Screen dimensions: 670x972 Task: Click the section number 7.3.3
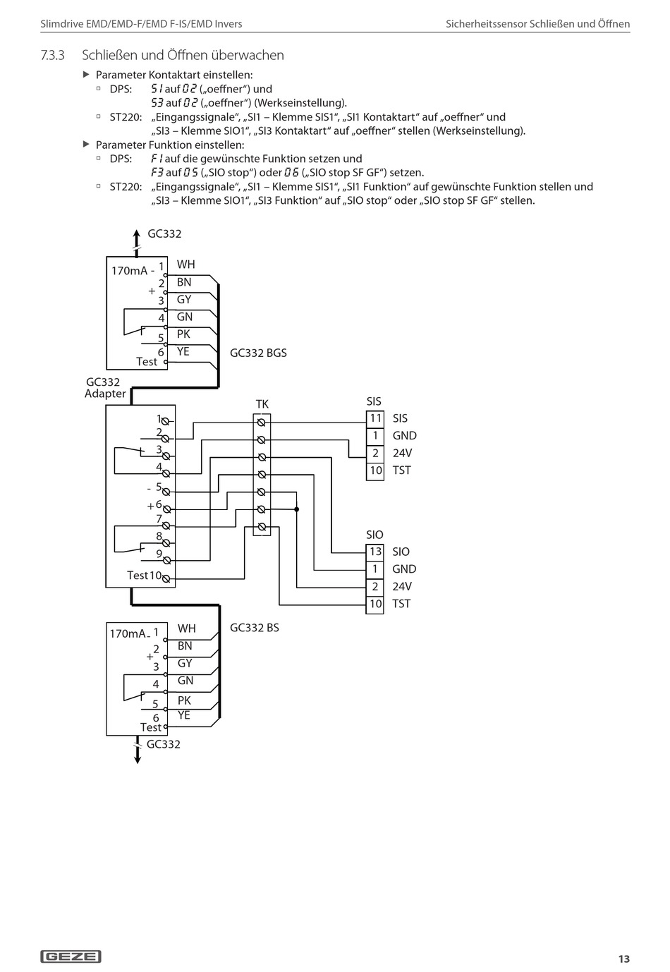pos(52,56)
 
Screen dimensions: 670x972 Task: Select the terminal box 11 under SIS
pos(375,418)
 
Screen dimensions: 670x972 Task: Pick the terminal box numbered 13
pos(375,552)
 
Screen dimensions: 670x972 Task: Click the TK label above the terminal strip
pos(262,404)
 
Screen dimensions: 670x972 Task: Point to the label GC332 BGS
pos(258,353)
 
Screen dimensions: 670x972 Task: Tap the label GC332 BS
pos(255,628)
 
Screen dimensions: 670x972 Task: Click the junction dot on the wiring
pos(297,509)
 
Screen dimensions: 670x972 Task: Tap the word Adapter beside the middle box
pos(105,394)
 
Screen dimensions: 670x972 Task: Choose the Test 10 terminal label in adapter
pos(144,576)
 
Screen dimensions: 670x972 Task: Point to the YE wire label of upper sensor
pos(183,351)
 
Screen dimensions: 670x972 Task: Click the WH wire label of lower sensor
pos(187,628)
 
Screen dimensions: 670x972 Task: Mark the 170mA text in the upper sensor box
pos(129,271)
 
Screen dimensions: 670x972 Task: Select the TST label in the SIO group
pos(401,604)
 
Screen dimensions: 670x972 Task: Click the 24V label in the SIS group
pos(402,453)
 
